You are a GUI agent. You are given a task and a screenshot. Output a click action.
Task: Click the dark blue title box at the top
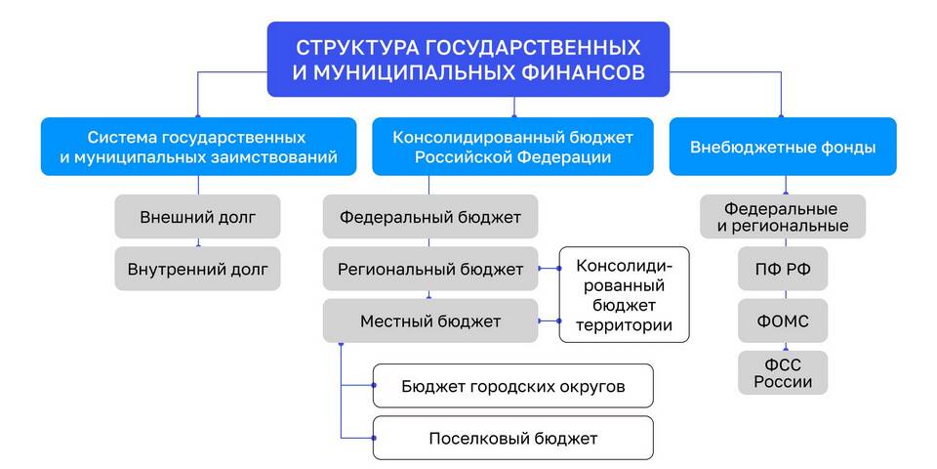coord(468,60)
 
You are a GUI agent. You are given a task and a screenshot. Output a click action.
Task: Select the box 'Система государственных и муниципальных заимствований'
coord(198,147)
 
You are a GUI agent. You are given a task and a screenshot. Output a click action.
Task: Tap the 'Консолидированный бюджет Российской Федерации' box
coord(512,147)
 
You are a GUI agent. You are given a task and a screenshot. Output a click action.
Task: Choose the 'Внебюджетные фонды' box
coord(783,147)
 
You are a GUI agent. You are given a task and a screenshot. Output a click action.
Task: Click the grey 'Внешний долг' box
coord(198,217)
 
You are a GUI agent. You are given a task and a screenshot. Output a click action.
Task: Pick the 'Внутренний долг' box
coord(198,269)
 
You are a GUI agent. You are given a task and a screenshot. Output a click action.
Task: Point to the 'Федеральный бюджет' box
coord(430,217)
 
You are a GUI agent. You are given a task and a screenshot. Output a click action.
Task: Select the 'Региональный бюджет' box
coord(430,269)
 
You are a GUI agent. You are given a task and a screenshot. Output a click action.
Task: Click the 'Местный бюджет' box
coord(430,321)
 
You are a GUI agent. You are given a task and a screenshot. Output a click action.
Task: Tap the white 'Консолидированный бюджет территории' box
coord(624,295)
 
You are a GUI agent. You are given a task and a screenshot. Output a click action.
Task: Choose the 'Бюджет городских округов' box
coord(512,386)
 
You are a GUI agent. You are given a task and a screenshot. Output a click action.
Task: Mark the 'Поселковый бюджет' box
coord(512,439)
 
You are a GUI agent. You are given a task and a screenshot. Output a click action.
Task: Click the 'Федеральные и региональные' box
coord(783,217)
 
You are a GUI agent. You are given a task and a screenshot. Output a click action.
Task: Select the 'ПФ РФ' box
coord(783,269)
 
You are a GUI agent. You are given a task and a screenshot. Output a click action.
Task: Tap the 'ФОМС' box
coord(783,321)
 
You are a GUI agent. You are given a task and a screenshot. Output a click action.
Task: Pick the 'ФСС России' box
coord(783,372)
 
